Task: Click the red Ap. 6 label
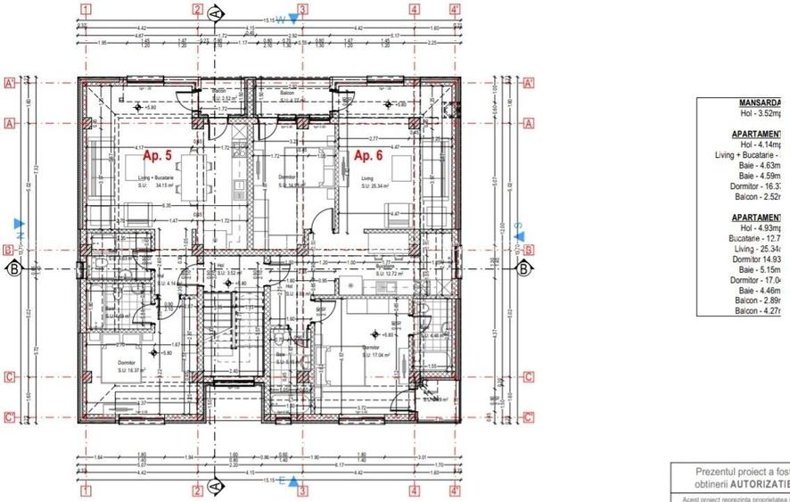pos(369,156)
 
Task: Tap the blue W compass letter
pos(279,19)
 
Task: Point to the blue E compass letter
pos(281,481)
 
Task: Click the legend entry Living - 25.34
pos(758,249)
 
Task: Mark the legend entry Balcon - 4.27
pos(759,310)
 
